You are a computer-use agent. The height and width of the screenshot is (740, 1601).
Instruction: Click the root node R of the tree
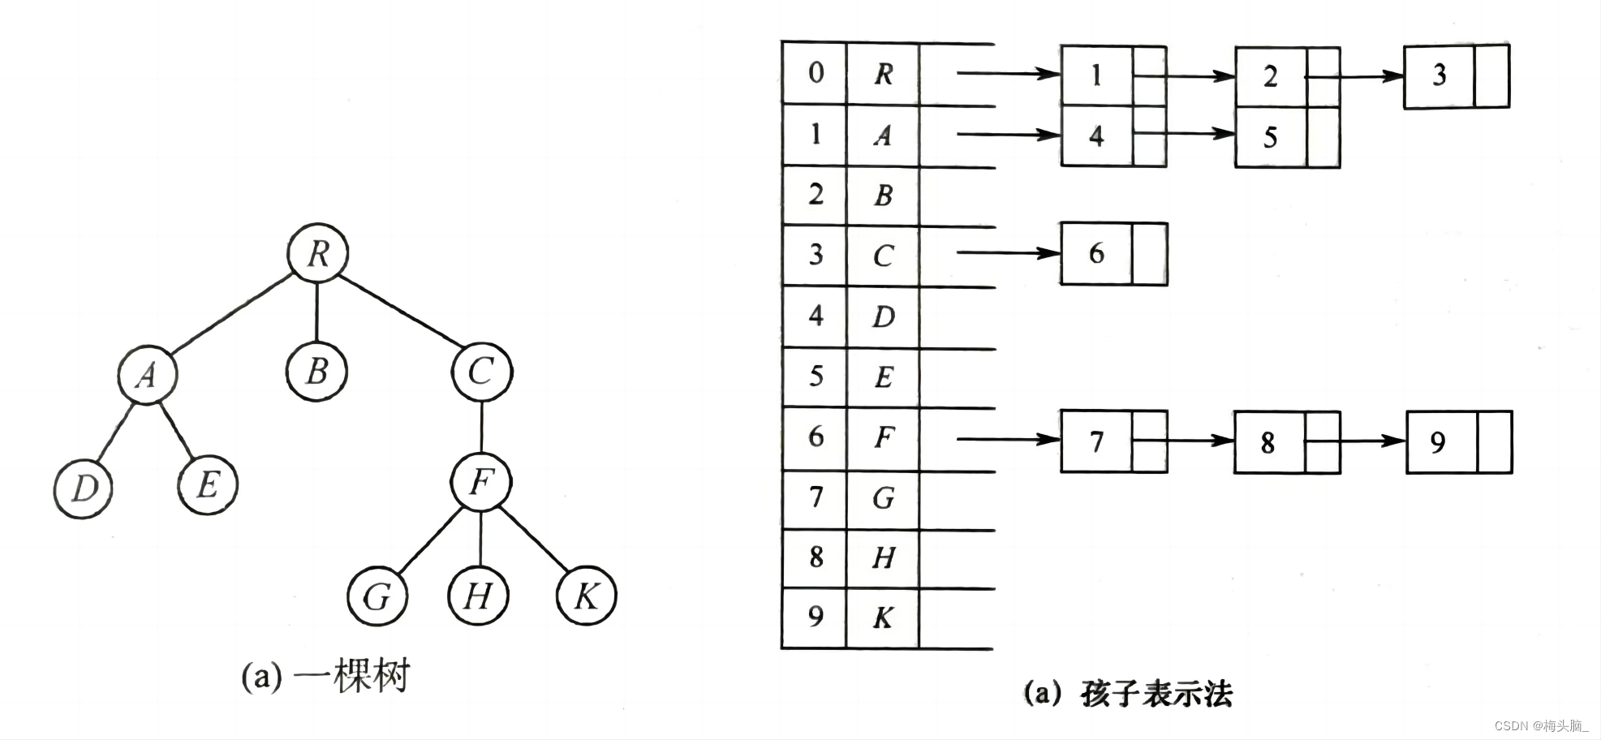tap(318, 253)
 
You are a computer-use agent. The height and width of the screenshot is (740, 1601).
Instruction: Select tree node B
tap(316, 372)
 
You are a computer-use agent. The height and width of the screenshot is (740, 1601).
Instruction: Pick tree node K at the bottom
tap(586, 596)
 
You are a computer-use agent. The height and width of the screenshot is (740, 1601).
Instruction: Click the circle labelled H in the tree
tap(478, 596)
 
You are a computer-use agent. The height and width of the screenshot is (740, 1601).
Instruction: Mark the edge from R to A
tap(231, 314)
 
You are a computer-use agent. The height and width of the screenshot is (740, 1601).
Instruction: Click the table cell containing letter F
tap(883, 438)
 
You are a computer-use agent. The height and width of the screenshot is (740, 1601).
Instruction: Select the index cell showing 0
tap(816, 73)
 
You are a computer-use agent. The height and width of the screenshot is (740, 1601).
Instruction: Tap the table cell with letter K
tap(883, 618)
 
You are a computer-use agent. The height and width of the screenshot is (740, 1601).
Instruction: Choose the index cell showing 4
tap(816, 316)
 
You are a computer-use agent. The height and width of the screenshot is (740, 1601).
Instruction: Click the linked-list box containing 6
tap(1096, 253)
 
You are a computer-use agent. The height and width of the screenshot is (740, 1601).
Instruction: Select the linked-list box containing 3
tap(1440, 75)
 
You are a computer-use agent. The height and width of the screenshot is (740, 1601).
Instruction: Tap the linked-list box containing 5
tap(1271, 137)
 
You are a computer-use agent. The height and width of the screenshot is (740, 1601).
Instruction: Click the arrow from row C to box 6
tap(1008, 253)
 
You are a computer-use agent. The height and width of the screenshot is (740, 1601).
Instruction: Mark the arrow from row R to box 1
tap(1008, 74)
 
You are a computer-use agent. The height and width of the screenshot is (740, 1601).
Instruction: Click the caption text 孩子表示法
tap(1156, 694)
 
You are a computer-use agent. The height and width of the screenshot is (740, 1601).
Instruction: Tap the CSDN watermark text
tap(1540, 725)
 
